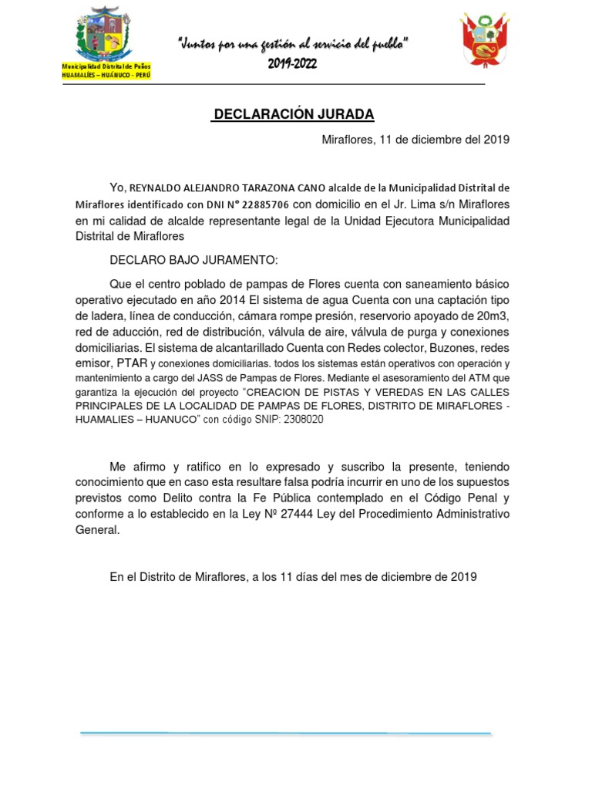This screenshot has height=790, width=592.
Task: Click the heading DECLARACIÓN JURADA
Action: coord(294,115)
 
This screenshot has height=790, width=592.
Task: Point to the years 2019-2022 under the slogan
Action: coord(293,64)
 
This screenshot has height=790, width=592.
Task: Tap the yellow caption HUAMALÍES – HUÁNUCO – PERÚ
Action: coord(106,76)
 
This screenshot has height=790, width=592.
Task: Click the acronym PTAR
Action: coord(132,363)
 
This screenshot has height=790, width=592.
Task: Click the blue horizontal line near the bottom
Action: coord(285,733)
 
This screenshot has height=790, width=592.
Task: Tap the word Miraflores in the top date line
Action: coord(347,140)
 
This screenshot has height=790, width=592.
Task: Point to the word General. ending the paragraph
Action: coord(98,530)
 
